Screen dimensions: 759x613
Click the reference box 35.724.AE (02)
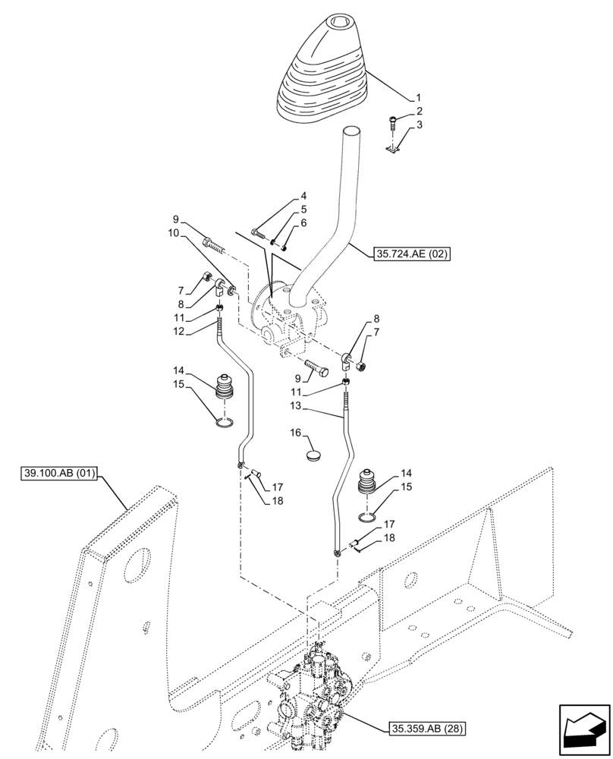tap(412, 255)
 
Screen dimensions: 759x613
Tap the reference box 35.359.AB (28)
tap(427, 729)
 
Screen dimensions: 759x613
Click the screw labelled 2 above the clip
tap(392, 119)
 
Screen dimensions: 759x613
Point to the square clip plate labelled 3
tap(393, 152)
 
